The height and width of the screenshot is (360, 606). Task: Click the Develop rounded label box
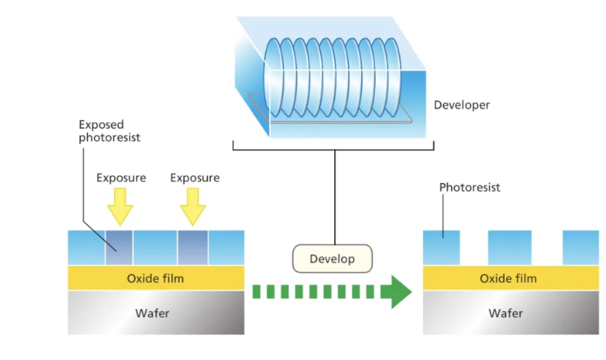[x=332, y=259]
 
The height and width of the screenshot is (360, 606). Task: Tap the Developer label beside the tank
[x=462, y=105]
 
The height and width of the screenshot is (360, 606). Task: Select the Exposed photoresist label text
[x=109, y=131]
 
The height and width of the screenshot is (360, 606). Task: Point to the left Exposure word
[x=121, y=178]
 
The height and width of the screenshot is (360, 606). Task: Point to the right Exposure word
[x=195, y=178]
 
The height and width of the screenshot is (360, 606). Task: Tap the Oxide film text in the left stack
[x=155, y=279]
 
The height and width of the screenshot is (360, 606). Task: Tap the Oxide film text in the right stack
[x=508, y=279]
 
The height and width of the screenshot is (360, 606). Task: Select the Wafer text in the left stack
[x=155, y=313]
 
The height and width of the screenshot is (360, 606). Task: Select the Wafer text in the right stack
[x=508, y=313]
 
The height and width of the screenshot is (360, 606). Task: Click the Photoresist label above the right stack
[x=470, y=187]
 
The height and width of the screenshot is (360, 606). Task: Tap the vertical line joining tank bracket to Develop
[x=335, y=196]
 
